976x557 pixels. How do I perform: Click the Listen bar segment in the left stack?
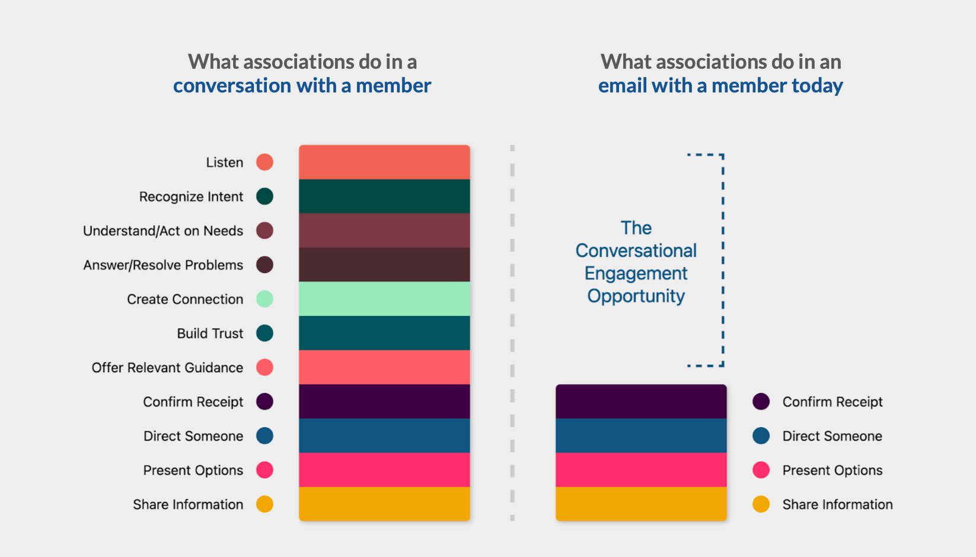[384, 162]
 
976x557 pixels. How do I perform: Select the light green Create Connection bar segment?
[384, 299]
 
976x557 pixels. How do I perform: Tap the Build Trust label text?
[210, 334]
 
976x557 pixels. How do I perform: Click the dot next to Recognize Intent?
[264, 196]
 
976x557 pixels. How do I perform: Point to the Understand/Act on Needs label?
[163, 231]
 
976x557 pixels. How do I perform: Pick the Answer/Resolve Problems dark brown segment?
[384, 265]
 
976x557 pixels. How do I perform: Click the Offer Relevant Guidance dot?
[264, 367]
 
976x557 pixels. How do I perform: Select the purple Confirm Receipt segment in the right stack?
[641, 402]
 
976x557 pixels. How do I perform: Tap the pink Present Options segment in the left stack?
[384, 470]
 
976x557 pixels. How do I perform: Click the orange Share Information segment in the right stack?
[641, 504]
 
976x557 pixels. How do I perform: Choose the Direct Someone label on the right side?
[832, 436]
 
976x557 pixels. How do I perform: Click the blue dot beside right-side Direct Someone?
[761, 436]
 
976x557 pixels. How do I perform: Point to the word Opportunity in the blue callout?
[636, 296]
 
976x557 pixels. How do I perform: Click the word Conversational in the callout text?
[636, 251]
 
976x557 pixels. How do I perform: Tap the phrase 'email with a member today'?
[720, 86]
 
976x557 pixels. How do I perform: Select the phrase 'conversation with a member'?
[302, 86]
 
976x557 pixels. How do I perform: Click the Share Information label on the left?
[188, 505]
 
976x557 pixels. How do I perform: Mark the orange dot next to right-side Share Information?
[761, 504]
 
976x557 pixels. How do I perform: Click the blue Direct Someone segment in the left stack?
[384, 436]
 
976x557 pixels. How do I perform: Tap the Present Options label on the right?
[832, 470]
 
